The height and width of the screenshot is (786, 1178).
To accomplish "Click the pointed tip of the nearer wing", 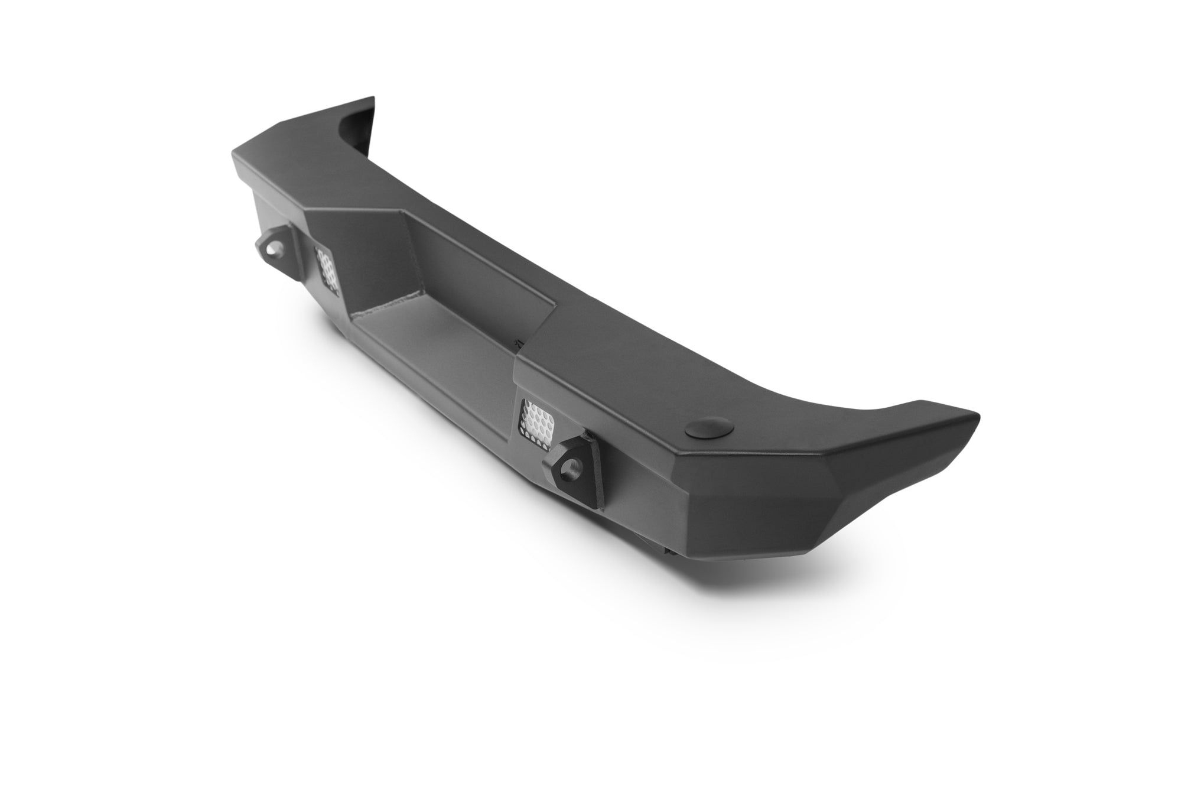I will coord(975,414).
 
